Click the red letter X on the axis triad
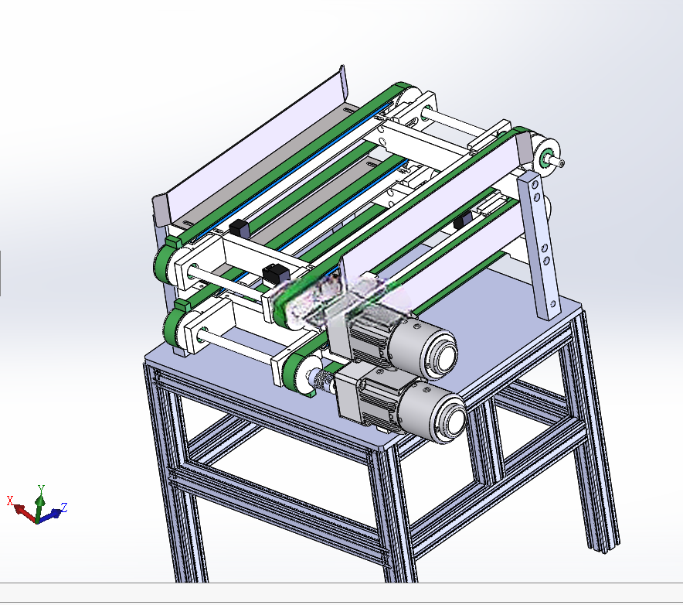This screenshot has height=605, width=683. pos(10,501)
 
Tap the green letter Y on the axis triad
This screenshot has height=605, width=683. pos(42,489)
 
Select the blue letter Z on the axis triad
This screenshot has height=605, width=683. pos(64,508)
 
